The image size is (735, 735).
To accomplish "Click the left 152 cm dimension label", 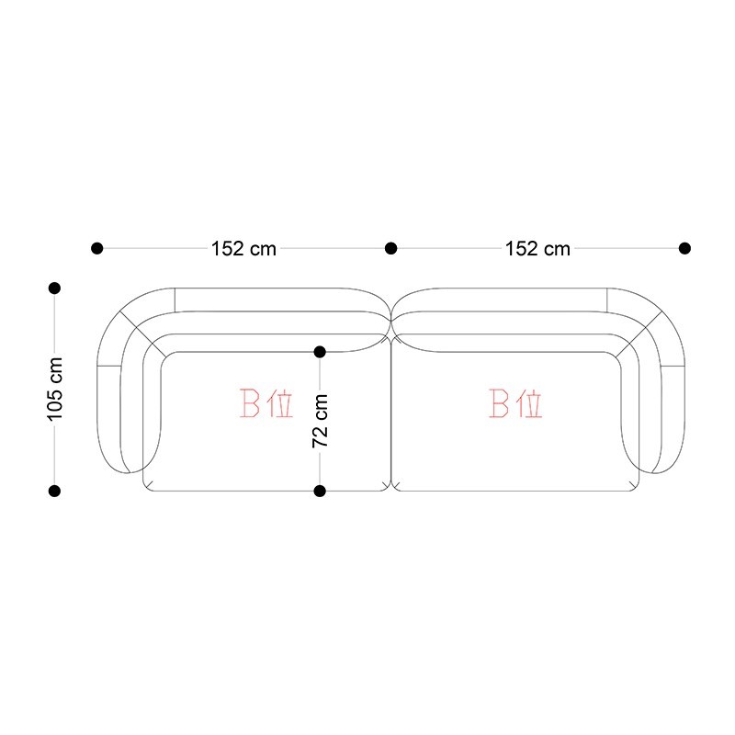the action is pyautogui.click(x=243, y=248).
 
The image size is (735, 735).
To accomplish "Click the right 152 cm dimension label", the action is pyautogui.click(x=537, y=248).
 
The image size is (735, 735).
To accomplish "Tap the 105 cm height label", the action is pyautogui.click(x=55, y=389).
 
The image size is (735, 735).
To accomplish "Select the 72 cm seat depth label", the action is pyautogui.click(x=320, y=421).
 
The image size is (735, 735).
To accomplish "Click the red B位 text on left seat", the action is pyautogui.click(x=266, y=403).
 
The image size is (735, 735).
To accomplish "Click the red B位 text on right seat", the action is pyautogui.click(x=515, y=403).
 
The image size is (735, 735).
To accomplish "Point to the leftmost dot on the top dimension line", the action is pyautogui.click(x=97, y=248).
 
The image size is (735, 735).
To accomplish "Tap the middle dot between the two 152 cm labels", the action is pyautogui.click(x=391, y=248).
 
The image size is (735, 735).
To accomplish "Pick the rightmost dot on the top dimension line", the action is pyautogui.click(x=684, y=248).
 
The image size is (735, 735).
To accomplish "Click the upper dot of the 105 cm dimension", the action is pyautogui.click(x=54, y=288).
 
